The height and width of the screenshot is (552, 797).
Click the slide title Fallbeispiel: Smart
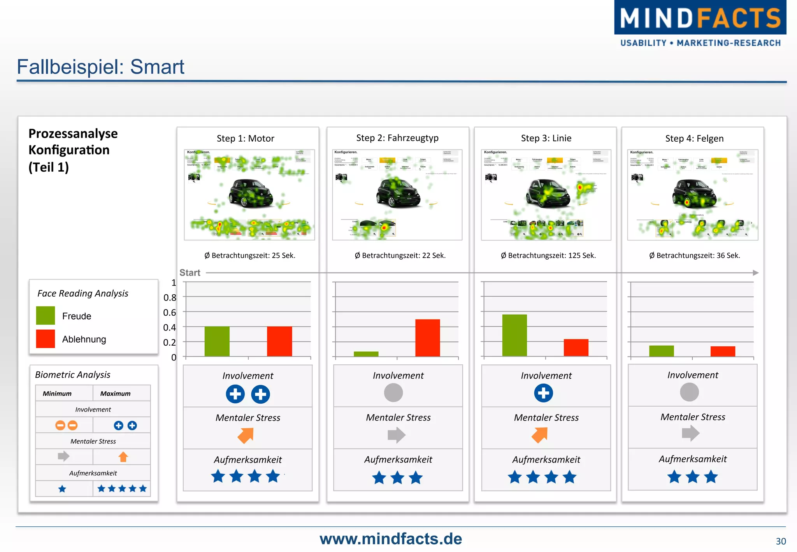[x=100, y=67]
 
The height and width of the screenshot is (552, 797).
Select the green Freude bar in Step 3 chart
[x=514, y=335]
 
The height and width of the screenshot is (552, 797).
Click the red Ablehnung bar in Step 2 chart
[x=427, y=338]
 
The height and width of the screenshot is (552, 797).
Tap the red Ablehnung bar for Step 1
[x=279, y=341]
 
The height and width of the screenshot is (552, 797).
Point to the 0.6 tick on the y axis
[x=170, y=313]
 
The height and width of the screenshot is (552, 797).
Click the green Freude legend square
[x=46, y=316]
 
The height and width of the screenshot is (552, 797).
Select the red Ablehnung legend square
[x=46, y=339]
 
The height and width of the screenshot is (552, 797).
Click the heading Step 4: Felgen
[x=694, y=139]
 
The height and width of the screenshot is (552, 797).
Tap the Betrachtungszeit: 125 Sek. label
[x=548, y=255]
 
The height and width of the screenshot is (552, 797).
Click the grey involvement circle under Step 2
[x=393, y=392]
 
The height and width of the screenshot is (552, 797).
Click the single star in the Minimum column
[x=62, y=489]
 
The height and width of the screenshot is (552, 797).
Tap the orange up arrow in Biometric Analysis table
[x=123, y=457]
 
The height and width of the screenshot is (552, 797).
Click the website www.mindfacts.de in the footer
[x=391, y=539]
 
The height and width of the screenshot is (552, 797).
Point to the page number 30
[x=780, y=541]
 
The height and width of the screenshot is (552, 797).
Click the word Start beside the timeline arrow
[x=190, y=273]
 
